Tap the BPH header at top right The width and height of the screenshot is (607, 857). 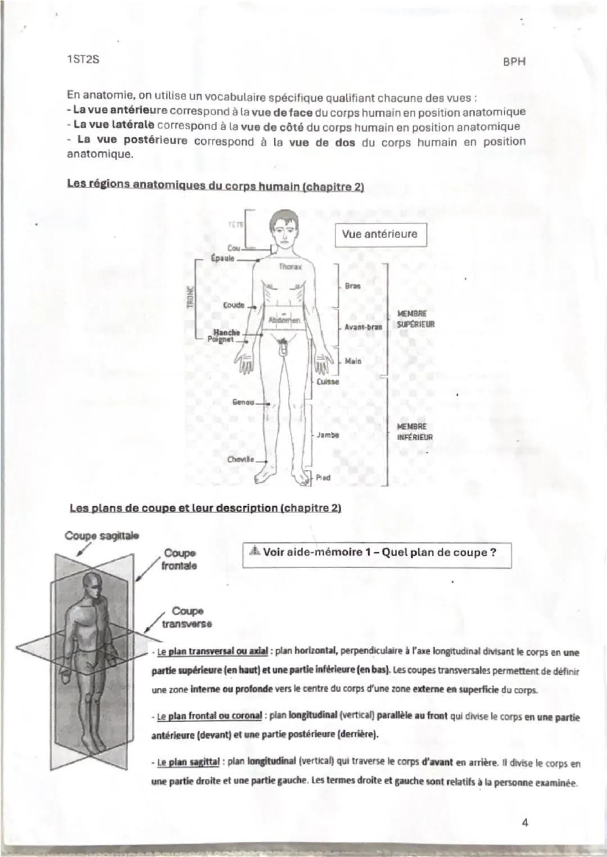[x=514, y=62]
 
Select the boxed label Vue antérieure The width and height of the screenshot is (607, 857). [x=380, y=234]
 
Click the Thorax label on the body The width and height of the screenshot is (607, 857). [x=291, y=267]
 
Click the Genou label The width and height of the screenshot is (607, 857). [x=243, y=402]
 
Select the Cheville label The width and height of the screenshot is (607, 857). [x=241, y=459]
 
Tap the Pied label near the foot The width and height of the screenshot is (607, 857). [x=323, y=478]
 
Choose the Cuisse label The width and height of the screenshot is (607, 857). [x=328, y=382]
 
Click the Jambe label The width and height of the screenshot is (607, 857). [x=327, y=434]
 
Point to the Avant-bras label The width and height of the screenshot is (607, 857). [x=363, y=327]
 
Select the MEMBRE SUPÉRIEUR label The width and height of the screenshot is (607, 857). [x=415, y=319]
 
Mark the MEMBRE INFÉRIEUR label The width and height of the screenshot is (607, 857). [x=415, y=432]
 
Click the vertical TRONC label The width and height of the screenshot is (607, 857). [x=189, y=297]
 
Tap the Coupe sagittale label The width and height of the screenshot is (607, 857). [x=102, y=536]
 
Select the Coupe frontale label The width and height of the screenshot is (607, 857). [x=179, y=560]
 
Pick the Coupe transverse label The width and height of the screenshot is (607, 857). [x=187, y=617]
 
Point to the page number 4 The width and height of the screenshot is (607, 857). [x=525, y=823]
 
